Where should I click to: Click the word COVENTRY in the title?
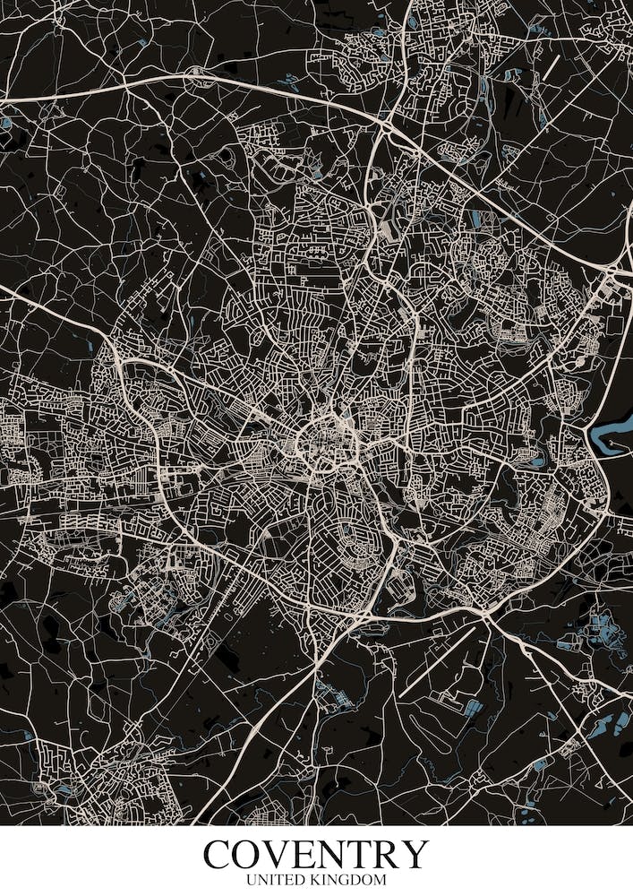pos(316,855)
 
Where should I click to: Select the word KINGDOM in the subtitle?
pos(352,881)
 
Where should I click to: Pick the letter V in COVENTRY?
pos(278,855)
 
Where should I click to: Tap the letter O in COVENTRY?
pos(248,855)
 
